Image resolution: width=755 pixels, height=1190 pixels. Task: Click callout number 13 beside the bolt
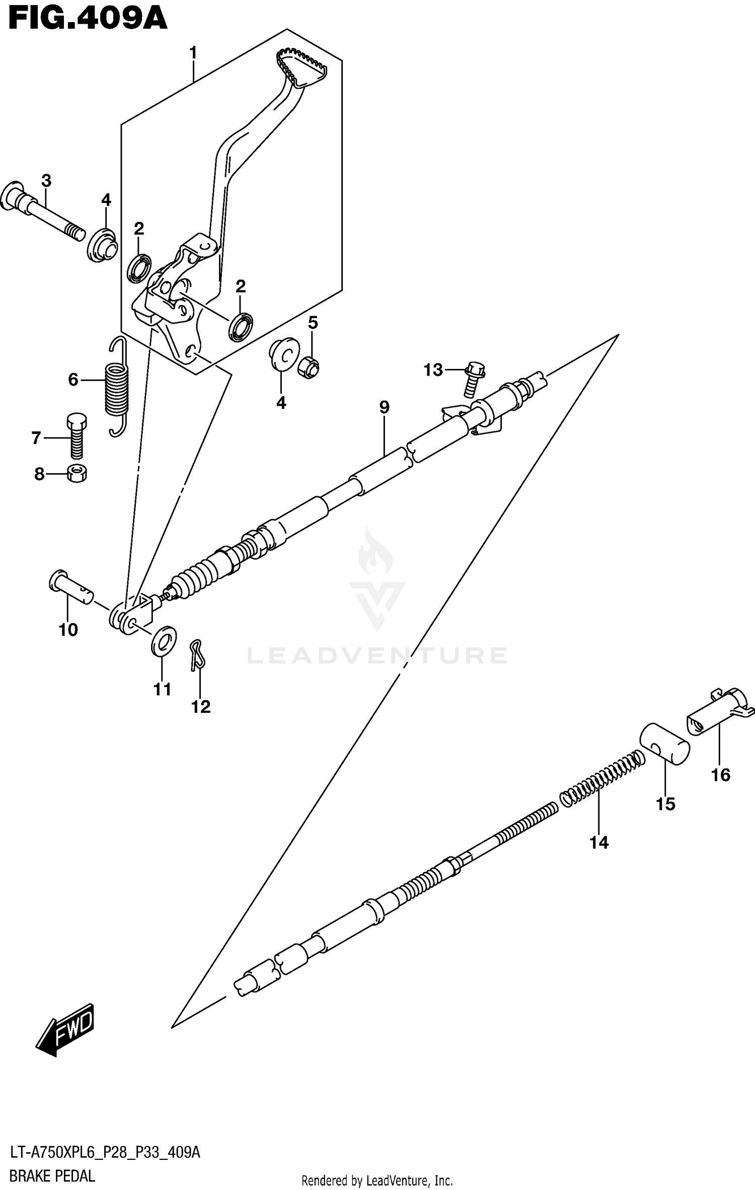pyautogui.click(x=433, y=370)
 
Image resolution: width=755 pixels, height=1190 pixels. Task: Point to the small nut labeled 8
pyautogui.click(x=77, y=474)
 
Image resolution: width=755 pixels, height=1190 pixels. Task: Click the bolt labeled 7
pyautogui.click(x=77, y=436)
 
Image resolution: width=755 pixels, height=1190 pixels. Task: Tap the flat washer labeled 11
pyautogui.click(x=164, y=640)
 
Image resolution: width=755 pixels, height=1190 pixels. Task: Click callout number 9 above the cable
pyautogui.click(x=384, y=407)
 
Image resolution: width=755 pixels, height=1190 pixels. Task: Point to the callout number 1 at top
pyautogui.click(x=193, y=52)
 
